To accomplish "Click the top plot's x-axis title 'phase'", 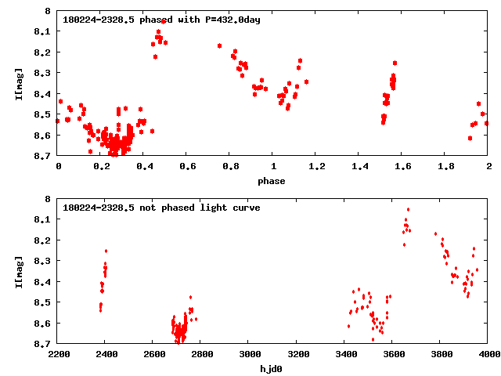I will [x=272, y=180].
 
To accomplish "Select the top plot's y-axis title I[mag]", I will [x=18, y=84].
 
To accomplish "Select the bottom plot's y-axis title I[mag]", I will [x=18, y=271].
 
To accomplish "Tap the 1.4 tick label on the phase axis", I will [x=359, y=166].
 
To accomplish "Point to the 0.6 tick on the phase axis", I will [x=187, y=166].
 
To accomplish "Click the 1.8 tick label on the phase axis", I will [x=445, y=166].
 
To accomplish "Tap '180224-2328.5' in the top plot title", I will [x=95, y=20].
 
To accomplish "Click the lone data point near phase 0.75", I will [x=219, y=45].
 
